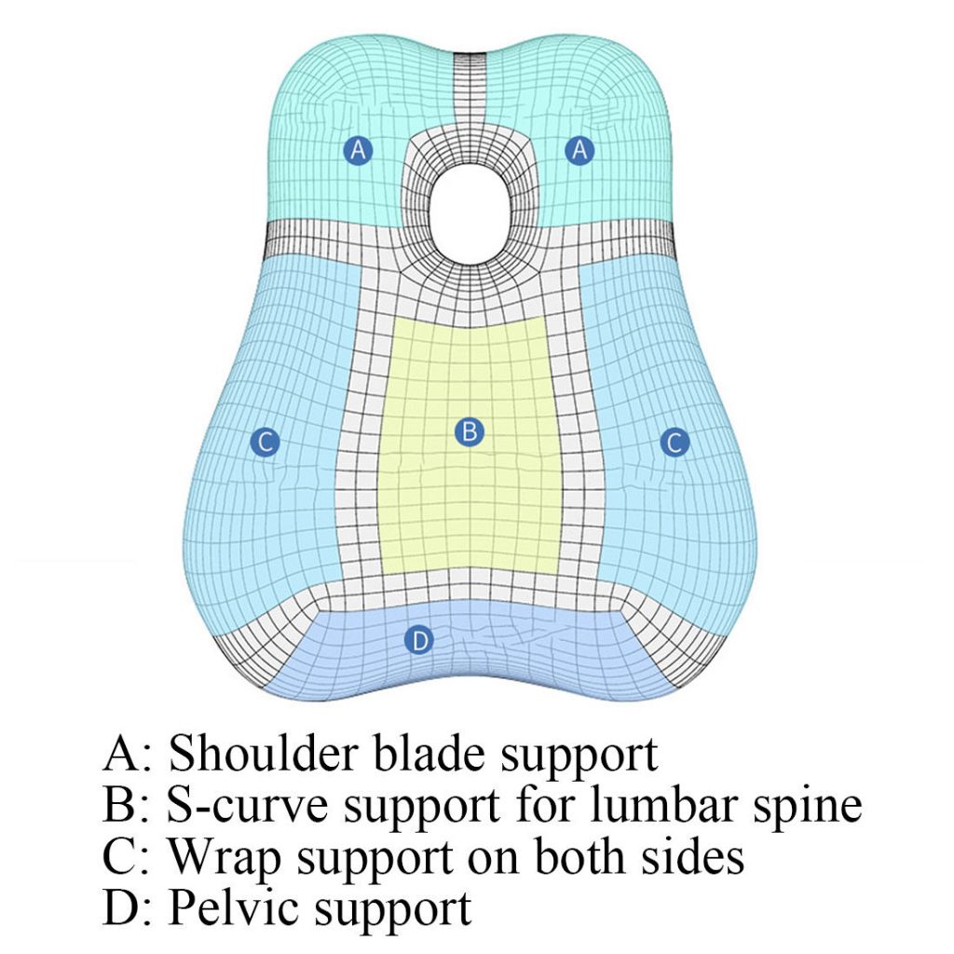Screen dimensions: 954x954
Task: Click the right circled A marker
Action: [x=580, y=149]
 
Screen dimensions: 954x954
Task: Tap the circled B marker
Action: [x=469, y=431]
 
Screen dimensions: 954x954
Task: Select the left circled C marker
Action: [x=266, y=442]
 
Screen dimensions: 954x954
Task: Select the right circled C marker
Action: [x=675, y=442]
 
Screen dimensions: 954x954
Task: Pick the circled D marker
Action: [x=420, y=640]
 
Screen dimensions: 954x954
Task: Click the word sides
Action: [x=690, y=857]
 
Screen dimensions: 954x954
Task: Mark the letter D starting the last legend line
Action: [x=122, y=908]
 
